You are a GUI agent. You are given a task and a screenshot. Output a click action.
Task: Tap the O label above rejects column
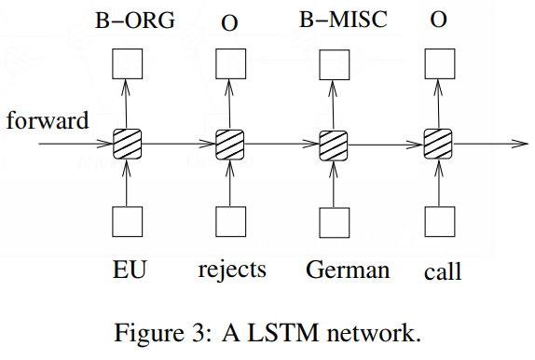point(229,20)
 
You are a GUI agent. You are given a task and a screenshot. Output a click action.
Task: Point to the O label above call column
point(436,20)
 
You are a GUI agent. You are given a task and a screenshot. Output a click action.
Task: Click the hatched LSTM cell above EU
point(126,145)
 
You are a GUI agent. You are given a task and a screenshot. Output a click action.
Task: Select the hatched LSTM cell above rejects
point(229,145)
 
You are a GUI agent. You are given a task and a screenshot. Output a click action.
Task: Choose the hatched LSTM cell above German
point(333,145)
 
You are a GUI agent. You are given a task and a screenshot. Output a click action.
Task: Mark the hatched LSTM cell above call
point(436,145)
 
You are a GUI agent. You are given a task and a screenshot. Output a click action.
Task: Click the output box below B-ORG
point(126,63)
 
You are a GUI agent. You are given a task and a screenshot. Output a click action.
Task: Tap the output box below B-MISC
point(333,63)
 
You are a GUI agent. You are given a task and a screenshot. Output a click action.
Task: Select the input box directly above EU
point(126,221)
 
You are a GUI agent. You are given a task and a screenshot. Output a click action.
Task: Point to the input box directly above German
point(333,221)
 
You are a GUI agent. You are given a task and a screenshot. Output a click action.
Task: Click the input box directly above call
point(436,221)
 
